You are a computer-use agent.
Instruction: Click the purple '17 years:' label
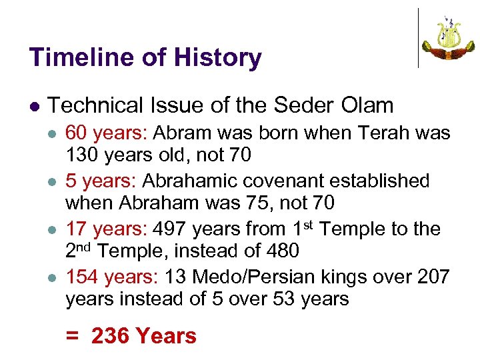click(x=107, y=229)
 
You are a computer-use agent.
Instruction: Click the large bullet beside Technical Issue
click(x=34, y=107)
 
